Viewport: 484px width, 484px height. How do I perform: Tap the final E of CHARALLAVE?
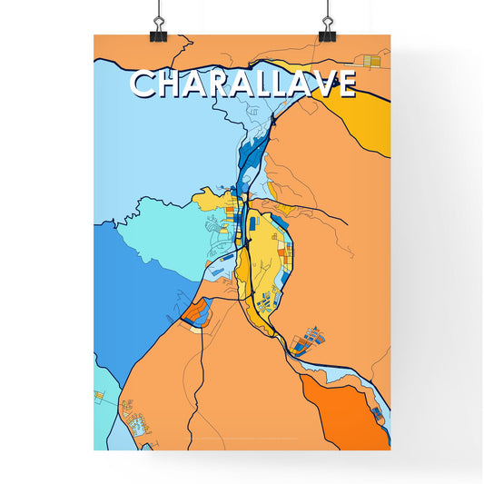[x=341, y=84]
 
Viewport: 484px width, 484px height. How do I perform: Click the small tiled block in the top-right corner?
[x=370, y=61]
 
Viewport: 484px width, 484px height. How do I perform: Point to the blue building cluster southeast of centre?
[x=307, y=339]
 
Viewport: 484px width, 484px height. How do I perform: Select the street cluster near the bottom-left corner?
[x=141, y=422]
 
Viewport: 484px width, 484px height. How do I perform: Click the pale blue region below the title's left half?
[x=163, y=145]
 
